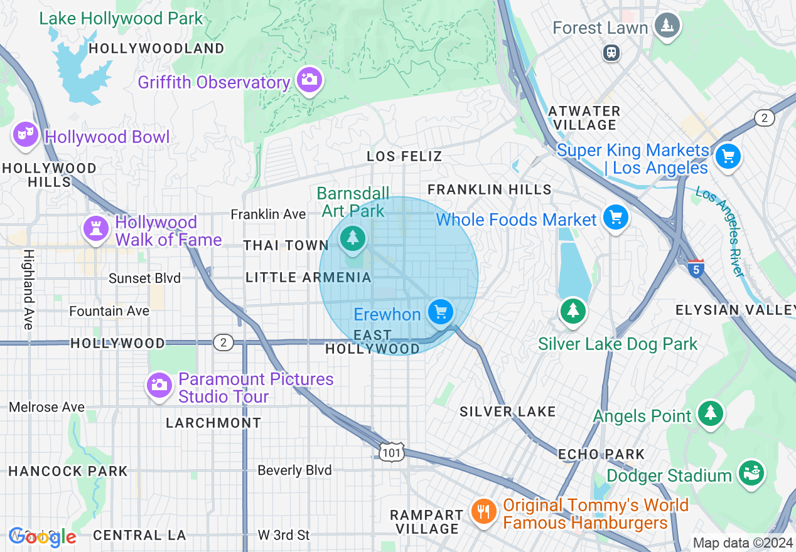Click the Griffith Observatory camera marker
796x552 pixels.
(309, 80)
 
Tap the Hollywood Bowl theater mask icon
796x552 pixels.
(25, 134)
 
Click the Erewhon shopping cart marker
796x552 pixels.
(440, 312)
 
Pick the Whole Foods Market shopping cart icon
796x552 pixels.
(615, 218)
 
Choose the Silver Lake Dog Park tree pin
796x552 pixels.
(572, 310)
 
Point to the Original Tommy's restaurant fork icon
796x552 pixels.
(482, 512)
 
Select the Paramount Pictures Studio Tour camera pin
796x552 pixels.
(159, 385)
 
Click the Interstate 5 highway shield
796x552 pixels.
(696, 268)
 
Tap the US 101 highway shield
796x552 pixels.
(392, 452)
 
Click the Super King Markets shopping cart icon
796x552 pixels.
(728, 155)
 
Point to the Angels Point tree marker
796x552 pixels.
(710, 413)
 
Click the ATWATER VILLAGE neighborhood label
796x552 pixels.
(584, 118)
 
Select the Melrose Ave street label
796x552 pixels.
(46, 407)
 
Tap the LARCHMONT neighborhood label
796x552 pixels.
(213, 423)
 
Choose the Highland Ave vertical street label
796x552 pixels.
(28, 289)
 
